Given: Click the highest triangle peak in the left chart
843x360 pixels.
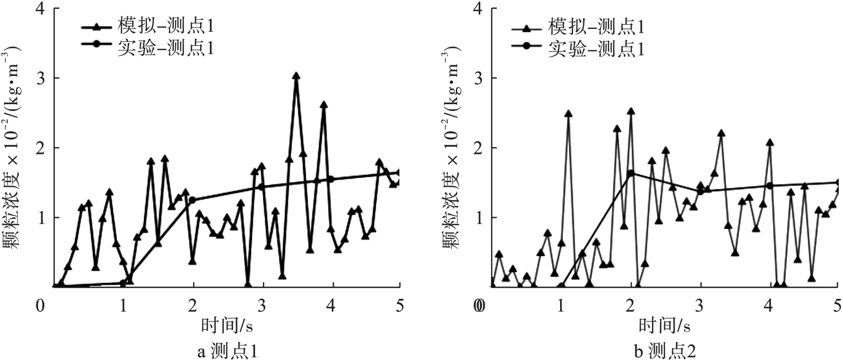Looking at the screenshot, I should (x=296, y=76).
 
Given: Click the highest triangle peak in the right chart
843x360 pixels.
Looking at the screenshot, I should (x=631, y=112).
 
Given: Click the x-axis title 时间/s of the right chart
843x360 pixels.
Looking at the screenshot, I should (x=665, y=326).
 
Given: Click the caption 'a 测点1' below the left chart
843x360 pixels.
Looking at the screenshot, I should (x=228, y=351).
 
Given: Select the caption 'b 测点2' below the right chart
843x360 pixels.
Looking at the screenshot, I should (x=665, y=351).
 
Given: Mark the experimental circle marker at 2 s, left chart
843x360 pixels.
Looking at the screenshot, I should (x=193, y=200).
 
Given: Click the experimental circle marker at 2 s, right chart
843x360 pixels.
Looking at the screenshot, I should (x=631, y=173).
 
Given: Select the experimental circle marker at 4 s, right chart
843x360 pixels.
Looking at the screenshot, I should (x=770, y=186).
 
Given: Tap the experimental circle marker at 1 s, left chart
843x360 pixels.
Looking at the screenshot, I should (x=123, y=283).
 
